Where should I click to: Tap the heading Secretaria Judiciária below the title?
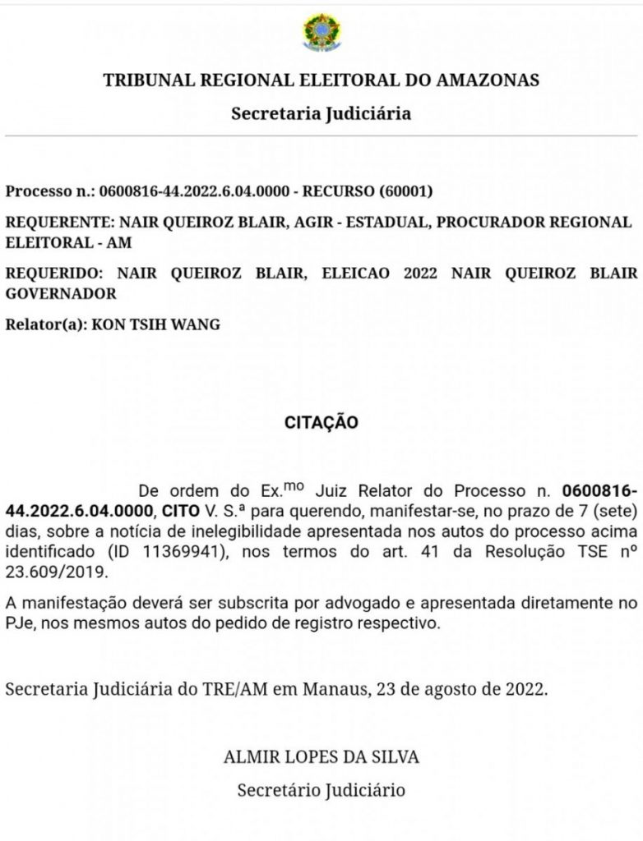point(321,113)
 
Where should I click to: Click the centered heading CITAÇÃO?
point(321,423)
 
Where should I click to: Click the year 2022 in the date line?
point(524,689)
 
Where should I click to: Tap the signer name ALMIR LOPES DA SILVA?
point(321,756)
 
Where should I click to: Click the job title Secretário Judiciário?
point(321,791)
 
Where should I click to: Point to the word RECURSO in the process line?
point(337,191)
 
